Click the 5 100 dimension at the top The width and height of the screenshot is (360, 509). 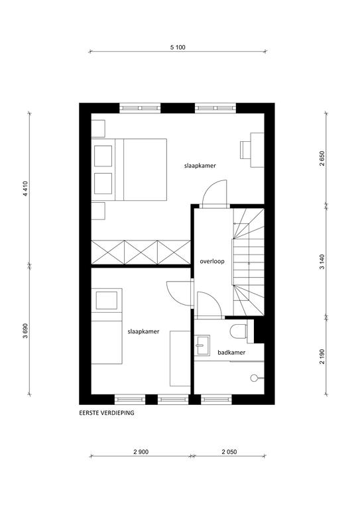click(178, 48)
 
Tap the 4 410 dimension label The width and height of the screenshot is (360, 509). click(27, 188)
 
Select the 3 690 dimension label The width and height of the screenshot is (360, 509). click(26, 331)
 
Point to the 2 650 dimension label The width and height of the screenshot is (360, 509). click(322, 158)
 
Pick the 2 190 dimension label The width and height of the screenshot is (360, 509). click(322, 356)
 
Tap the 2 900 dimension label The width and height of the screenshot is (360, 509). click(141, 452)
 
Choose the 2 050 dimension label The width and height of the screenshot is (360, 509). click(229, 452)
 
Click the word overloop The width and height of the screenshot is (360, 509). click(212, 261)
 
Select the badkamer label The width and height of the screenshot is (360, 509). click(231, 352)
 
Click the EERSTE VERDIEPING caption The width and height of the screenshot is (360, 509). click(107, 414)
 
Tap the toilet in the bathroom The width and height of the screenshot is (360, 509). click(239, 331)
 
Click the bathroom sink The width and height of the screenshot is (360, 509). click(202, 345)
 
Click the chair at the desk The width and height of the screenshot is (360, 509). click(245, 150)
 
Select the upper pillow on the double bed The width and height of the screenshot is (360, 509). click(103, 156)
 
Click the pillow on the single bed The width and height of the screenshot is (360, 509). click(107, 300)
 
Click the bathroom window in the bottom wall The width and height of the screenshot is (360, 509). click(216, 399)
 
